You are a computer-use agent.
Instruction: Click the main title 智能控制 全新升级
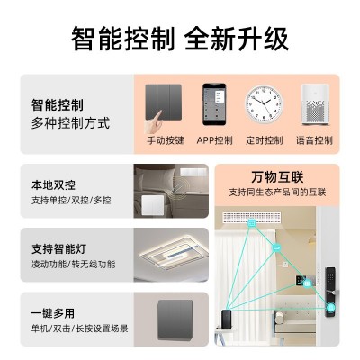point(180,39)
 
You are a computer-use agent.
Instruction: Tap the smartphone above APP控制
point(214,104)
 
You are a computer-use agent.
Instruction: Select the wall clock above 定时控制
point(264,104)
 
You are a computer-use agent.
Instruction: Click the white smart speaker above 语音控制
point(314,104)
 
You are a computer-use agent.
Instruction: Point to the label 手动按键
point(165,140)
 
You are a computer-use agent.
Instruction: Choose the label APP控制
point(214,140)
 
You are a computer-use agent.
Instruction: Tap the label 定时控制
point(265,140)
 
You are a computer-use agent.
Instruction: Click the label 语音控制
point(314,140)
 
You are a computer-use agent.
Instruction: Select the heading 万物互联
point(277,177)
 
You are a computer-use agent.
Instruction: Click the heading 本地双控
point(53,184)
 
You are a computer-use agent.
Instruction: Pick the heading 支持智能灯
point(59,249)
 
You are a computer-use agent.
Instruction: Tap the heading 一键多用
point(53,313)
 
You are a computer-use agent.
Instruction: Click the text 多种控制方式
point(71,123)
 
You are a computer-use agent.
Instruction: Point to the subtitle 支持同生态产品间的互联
point(277,193)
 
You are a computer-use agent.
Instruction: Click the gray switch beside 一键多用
point(175,319)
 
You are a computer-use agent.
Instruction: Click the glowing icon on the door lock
point(331,308)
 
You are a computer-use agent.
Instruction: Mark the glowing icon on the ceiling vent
point(251,223)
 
